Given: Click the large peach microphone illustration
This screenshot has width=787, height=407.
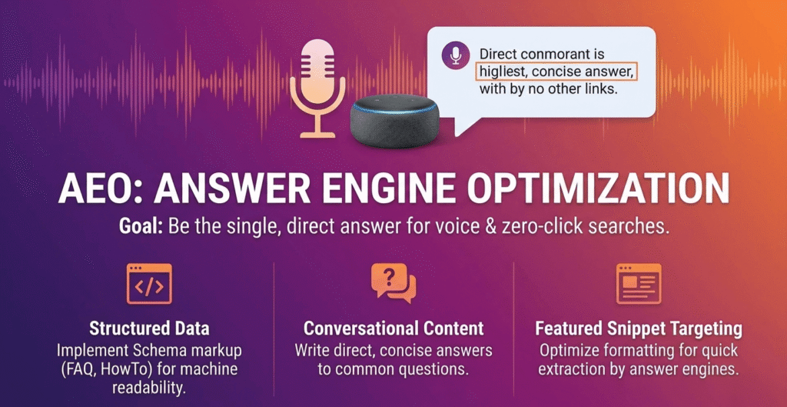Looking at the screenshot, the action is point(317,88).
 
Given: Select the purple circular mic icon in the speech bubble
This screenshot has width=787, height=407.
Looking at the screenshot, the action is point(456,55).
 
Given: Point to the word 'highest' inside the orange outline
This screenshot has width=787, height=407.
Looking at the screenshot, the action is point(500,72).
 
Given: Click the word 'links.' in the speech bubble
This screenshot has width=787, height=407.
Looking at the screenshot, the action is point(599,89).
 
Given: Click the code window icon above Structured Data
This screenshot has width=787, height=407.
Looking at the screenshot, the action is point(149,284).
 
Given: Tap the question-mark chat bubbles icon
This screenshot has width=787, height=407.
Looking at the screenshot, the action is point(393,283).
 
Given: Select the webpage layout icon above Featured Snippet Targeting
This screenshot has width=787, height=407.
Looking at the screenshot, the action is point(639,284).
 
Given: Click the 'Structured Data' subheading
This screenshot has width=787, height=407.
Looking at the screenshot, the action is point(149,329).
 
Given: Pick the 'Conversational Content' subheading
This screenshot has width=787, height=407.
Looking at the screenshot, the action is point(393,329).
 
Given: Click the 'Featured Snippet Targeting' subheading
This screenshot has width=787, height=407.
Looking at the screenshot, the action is point(639,329).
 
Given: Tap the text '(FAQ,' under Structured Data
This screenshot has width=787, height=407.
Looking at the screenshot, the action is point(78,369).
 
